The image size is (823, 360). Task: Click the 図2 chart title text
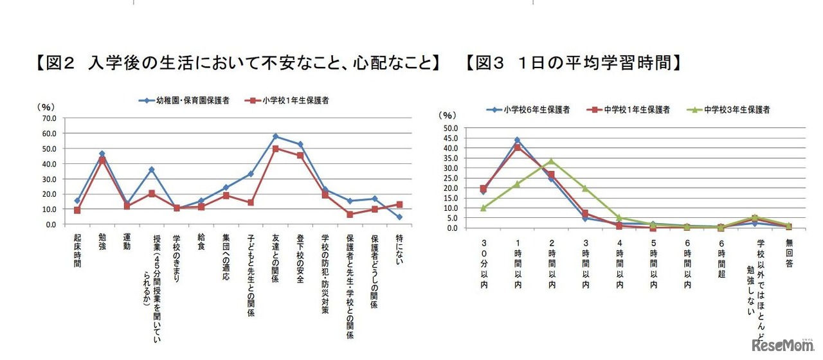point(238,63)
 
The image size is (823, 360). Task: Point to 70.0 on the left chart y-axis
point(49,118)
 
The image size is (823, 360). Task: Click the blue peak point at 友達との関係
point(275,136)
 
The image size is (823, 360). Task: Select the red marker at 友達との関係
point(275,148)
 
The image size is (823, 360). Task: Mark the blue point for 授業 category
point(151,170)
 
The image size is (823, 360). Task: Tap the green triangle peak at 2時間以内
point(550,161)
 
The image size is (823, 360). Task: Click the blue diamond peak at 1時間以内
point(517,139)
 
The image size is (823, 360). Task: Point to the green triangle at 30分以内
point(483,208)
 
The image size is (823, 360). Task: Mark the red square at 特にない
point(399,204)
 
